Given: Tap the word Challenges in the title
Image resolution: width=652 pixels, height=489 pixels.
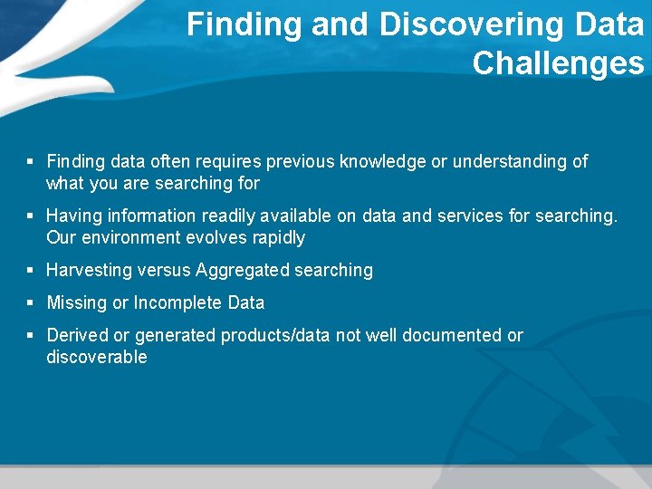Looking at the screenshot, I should point(558,63).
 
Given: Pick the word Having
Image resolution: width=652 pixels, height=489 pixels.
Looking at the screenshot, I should point(75,216).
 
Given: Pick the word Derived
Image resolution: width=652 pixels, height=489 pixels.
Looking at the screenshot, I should point(77,336).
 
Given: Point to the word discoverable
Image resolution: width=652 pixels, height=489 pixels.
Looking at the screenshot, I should point(96,358).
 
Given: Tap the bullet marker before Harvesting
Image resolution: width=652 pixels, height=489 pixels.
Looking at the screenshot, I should point(30,270).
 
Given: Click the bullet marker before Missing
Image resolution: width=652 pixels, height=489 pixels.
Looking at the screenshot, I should point(30,302).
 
